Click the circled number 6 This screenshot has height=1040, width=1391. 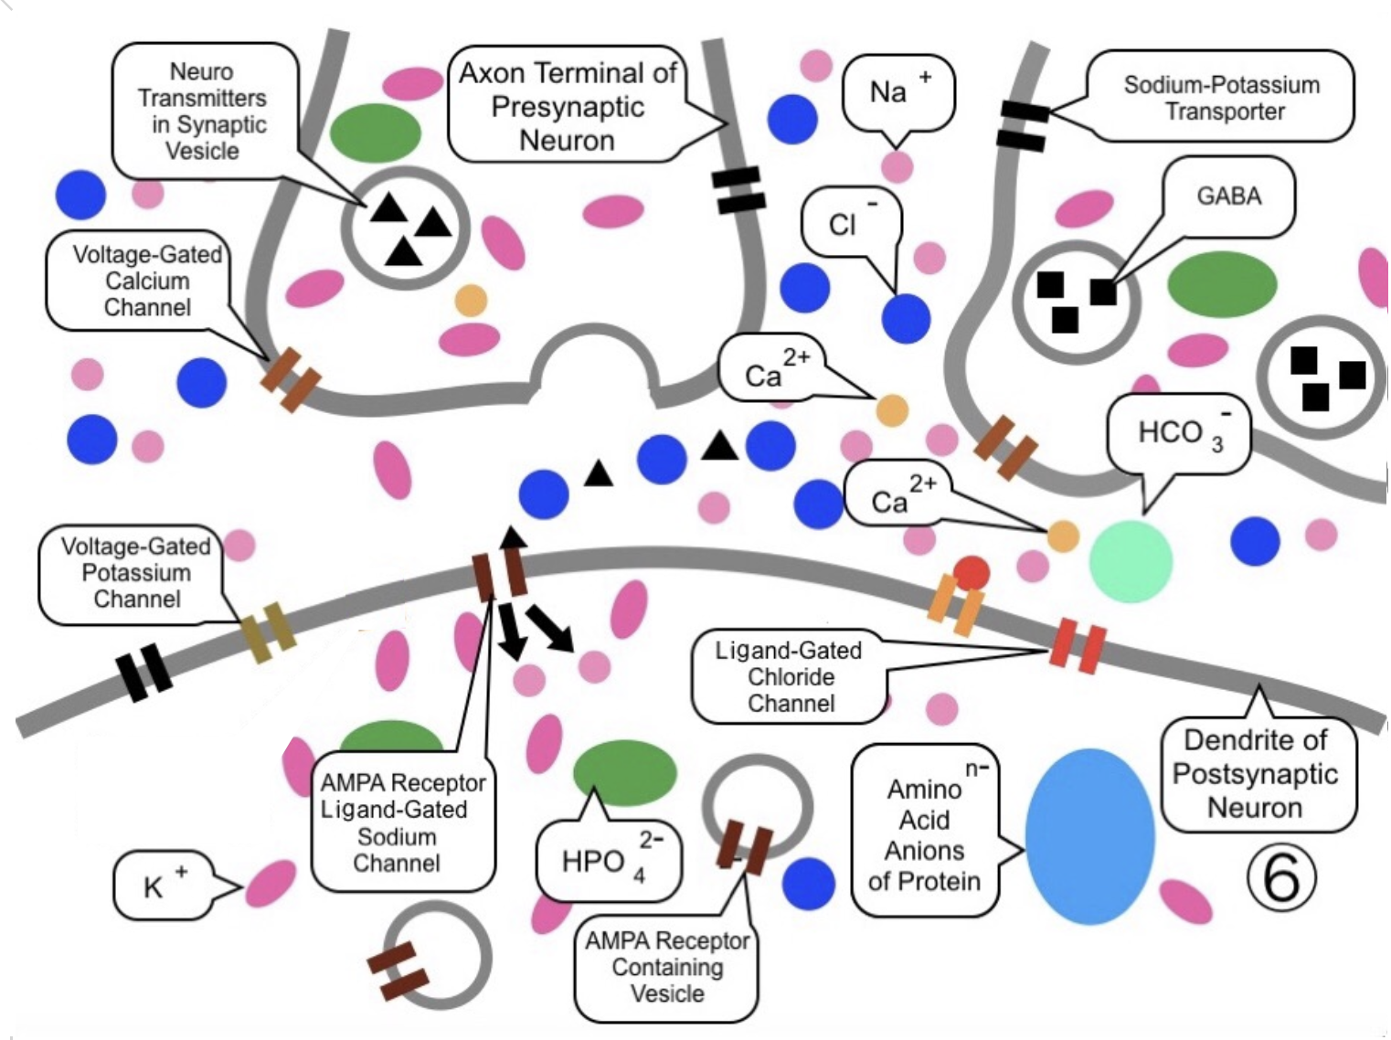(1281, 876)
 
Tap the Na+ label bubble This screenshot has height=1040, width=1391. (897, 92)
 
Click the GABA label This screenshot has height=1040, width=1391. (1228, 196)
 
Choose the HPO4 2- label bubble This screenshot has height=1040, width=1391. (608, 860)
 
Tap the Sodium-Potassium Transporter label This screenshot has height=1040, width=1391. (1222, 98)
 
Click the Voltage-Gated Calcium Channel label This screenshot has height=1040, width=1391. (146, 281)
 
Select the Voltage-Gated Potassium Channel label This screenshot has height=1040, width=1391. (135, 573)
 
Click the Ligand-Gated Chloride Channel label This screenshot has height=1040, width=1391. (790, 677)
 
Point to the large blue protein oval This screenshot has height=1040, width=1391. (1089, 836)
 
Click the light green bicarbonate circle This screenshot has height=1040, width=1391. (1131, 561)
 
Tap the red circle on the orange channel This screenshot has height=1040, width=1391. (971, 573)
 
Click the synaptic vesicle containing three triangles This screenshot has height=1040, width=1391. (405, 227)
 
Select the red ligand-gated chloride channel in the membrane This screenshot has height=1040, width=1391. (1078, 643)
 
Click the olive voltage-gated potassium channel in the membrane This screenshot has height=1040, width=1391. (268, 631)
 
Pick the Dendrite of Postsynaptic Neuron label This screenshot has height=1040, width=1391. (1256, 774)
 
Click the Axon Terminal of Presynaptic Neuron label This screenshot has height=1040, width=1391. (568, 106)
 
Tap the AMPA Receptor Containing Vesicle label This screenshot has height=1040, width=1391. (666, 967)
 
